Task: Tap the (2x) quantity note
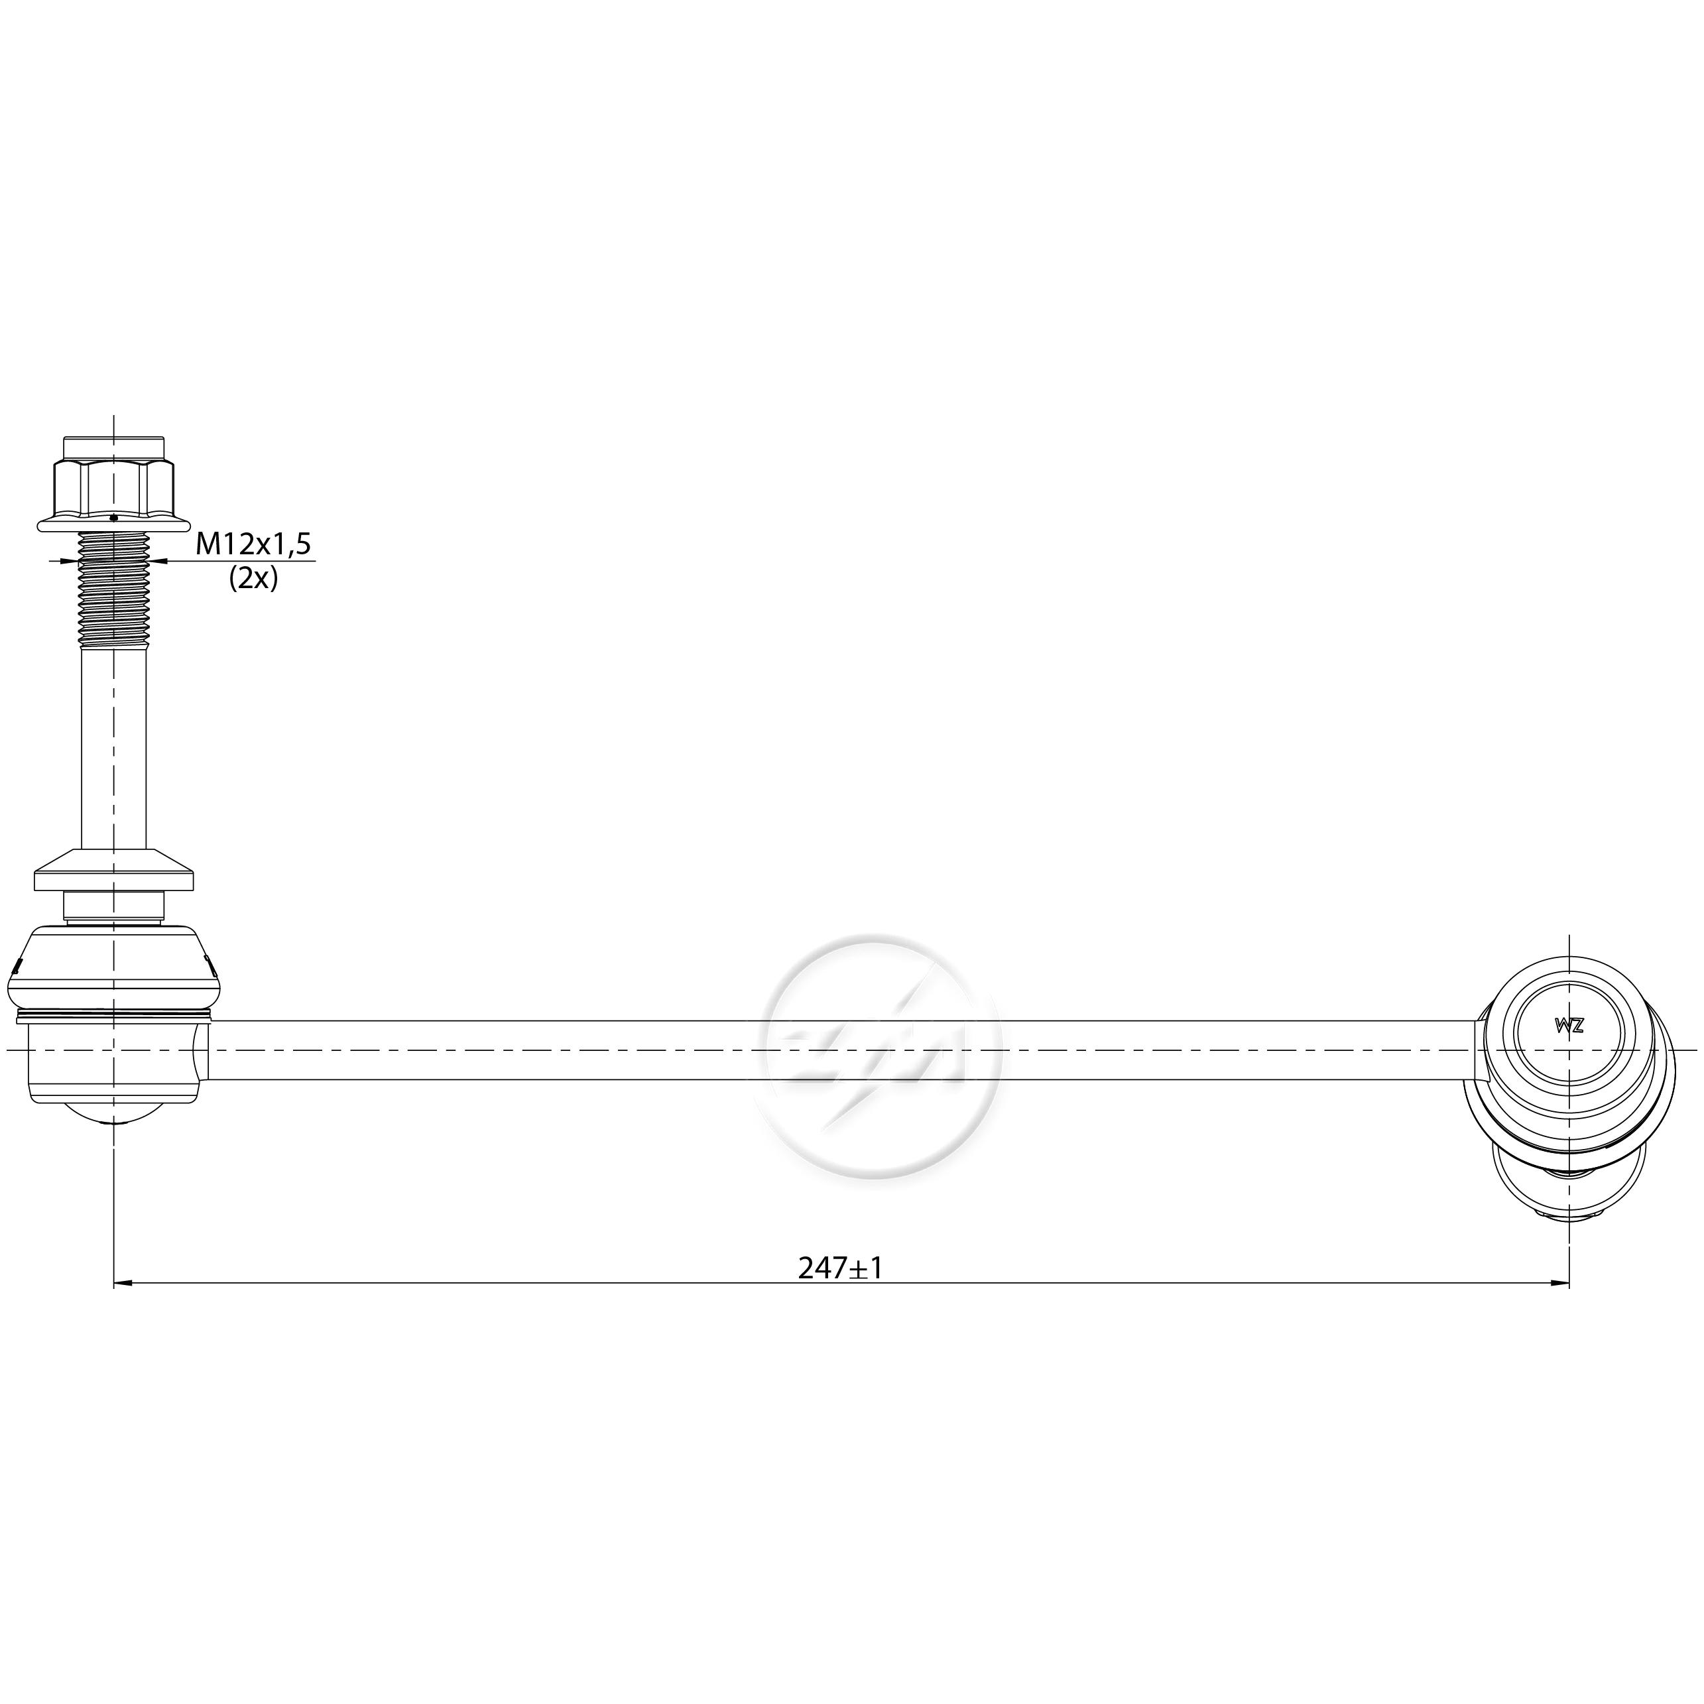click(253, 579)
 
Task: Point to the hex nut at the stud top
click(114, 487)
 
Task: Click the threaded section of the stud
click(114, 590)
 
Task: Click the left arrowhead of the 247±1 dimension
click(123, 1283)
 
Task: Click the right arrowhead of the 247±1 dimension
click(1560, 1283)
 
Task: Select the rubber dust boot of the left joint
click(114, 967)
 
